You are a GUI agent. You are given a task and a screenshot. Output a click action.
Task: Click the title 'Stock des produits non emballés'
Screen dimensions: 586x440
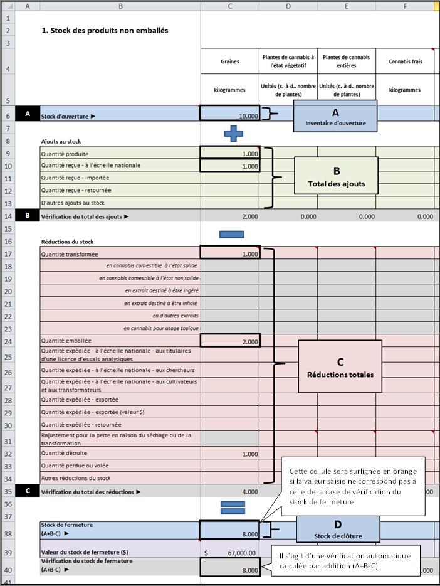point(105,30)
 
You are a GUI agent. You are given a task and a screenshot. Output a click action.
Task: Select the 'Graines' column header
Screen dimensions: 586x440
point(229,62)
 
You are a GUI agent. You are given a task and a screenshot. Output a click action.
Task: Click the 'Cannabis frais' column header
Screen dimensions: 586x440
point(405,62)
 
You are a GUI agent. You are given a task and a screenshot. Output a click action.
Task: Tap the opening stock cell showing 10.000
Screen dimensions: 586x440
point(229,114)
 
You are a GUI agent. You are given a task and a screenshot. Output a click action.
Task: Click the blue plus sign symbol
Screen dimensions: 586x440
point(233,133)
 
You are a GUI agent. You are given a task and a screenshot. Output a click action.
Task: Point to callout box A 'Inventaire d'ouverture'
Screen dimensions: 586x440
point(335,116)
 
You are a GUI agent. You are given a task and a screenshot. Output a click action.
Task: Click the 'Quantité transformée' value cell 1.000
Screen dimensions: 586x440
point(229,253)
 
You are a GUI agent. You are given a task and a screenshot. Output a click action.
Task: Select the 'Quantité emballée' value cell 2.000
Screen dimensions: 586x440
point(229,341)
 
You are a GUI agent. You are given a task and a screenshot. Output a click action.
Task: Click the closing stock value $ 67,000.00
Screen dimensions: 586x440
point(229,552)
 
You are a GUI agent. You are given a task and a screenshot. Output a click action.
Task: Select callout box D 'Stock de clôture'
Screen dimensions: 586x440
point(338,529)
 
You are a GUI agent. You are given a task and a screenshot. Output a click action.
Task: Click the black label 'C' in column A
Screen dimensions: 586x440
point(28,491)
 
